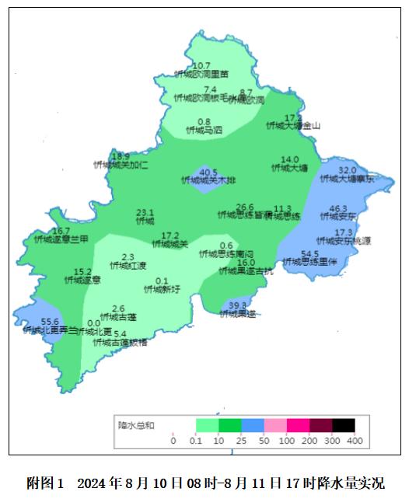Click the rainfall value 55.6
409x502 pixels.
50,322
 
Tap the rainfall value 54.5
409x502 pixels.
309,253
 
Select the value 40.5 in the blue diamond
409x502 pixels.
208,172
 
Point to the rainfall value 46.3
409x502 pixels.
338,209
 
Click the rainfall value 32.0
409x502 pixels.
348,170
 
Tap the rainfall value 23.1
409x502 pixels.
145,212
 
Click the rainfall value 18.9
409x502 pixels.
121,156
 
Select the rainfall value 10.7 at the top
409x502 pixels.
201,65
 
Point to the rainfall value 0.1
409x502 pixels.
162,281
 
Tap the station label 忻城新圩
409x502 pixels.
162,290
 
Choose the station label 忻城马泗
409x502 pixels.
204,131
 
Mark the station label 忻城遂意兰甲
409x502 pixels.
61,239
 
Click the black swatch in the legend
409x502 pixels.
344,425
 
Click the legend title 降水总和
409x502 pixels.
136,425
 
